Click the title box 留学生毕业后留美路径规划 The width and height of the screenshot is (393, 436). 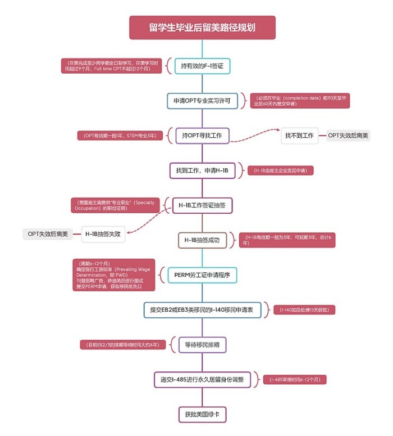point(202,28)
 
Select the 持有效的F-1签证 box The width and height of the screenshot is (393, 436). point(202,66)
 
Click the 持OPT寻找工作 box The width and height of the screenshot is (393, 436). point(202,136)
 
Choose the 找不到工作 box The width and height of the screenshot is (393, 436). point(299,136)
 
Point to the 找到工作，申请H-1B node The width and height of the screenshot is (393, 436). point(202,170)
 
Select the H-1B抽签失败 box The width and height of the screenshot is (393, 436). point(103,233)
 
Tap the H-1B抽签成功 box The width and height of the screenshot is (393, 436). point(202,240)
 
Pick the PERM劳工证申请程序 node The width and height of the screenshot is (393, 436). point(202,275)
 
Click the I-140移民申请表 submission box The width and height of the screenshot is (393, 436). point(202,310)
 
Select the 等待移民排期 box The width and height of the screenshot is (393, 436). point(202,344)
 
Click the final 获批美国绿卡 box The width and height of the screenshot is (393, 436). point(202,414)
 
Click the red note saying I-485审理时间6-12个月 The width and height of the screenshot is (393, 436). point(294,380)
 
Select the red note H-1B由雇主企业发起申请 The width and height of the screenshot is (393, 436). point(281,170)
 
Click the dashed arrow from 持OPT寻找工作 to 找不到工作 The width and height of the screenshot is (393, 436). point(255,135)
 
